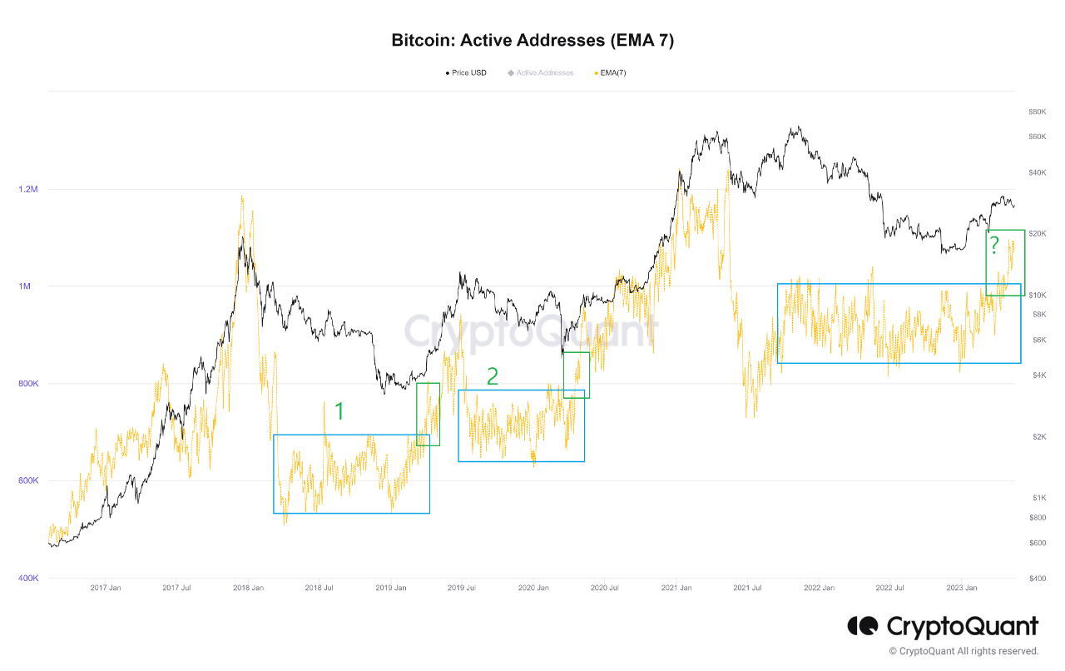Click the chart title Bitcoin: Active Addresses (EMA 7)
click(532, 40)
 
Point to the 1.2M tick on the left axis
click(28, 189)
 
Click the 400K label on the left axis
click(28, 578)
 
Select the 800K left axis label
click(28, 384)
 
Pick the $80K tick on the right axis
click(1037, 112)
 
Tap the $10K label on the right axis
click(1037, 296)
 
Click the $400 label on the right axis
click(1037, 578)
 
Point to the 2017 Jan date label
click(105, 588)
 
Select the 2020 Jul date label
click(604, 588)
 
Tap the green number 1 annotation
click(339, 410)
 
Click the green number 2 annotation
click(493, 376)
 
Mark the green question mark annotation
click(993, 246)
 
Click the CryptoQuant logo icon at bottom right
click(863, 626)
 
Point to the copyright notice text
click(963, 651)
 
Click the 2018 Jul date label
click(319, 588)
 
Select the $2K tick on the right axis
click(1037, 437)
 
